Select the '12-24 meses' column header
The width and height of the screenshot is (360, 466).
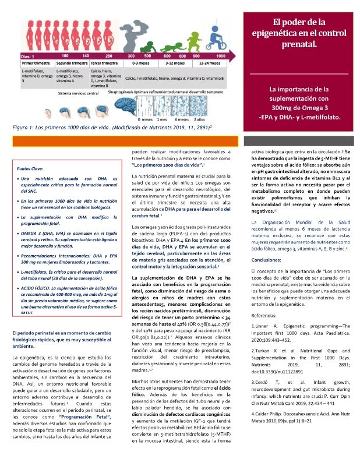(209, 62)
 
